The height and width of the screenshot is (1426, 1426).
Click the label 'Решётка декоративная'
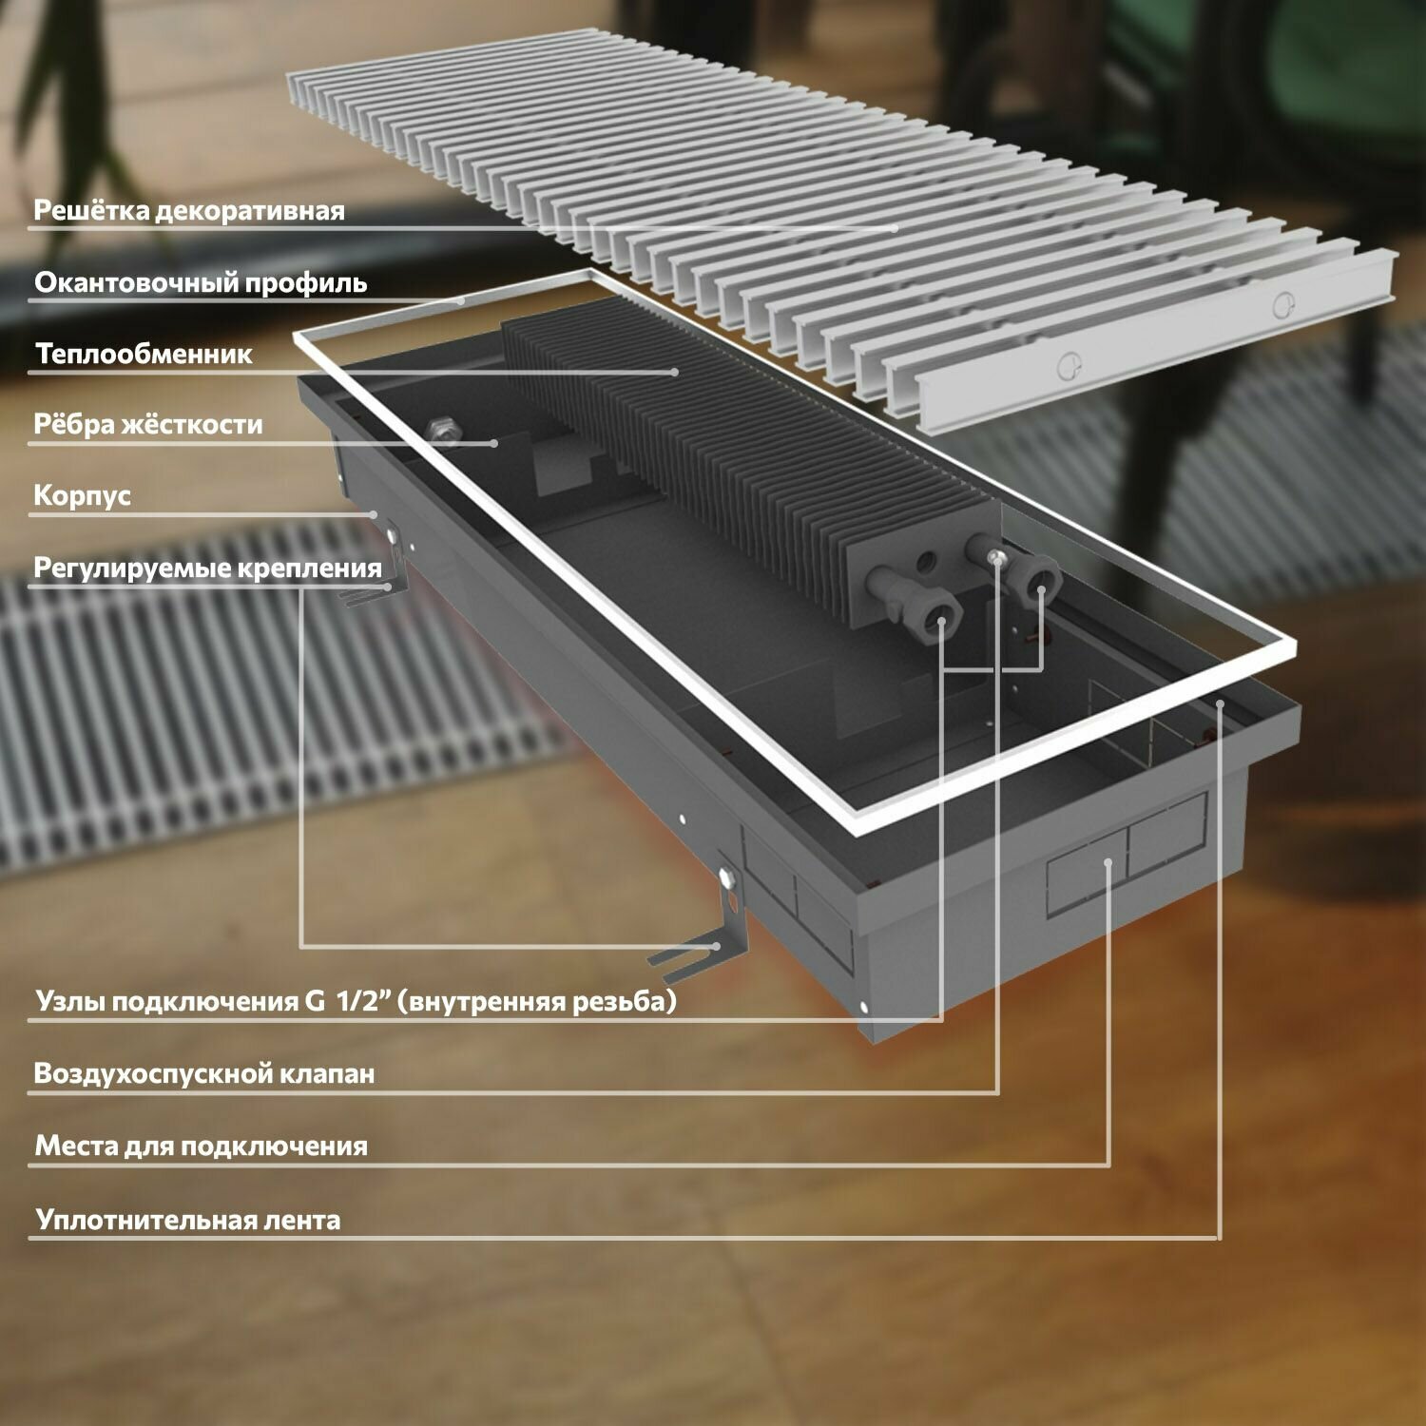[188, 210]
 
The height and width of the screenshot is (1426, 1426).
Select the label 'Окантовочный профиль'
[201, 282]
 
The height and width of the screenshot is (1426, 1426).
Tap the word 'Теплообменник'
[144, 354]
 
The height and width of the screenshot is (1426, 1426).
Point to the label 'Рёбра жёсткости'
[147, 424]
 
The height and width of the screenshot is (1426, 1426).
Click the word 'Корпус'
[82, 495]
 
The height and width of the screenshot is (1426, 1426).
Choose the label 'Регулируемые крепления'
[207, 568]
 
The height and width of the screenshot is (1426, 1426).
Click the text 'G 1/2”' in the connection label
[350, 1001]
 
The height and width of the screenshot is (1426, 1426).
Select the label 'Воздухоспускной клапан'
[204, 1073]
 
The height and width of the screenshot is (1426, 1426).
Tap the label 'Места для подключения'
[201, 1146]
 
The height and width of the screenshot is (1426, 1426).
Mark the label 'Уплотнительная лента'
[187, 1220]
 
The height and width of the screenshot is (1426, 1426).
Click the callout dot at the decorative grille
[895, 228]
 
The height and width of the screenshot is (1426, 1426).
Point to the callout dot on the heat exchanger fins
[675, 372]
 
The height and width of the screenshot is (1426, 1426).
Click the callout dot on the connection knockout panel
[1108, 861]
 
